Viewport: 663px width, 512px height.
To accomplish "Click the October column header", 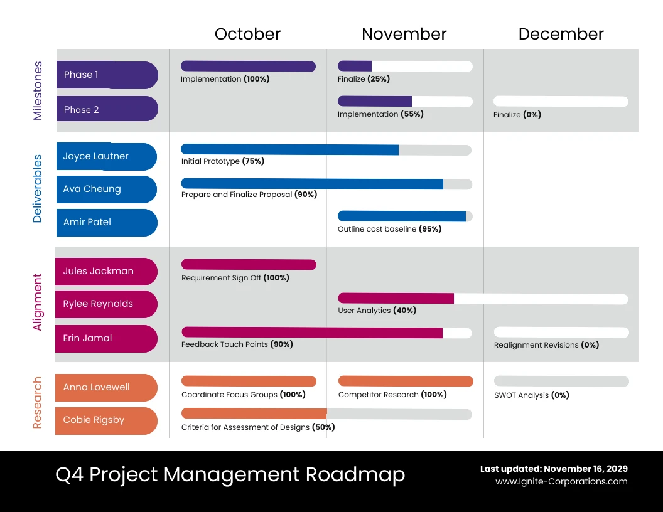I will (247, 34).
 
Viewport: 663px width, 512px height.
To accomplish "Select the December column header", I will (561, 34).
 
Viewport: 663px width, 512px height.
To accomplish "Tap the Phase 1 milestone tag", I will (106, 75).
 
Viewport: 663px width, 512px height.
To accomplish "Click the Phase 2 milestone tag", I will (106, 109).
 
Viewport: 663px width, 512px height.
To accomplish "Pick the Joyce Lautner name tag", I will (105, 156).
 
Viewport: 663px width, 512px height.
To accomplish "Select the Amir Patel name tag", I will (105, 222).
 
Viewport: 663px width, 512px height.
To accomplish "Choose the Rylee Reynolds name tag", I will (105, 304).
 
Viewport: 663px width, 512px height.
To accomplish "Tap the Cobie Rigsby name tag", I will (105, 420).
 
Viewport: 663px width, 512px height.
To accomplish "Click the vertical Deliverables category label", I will (38, 189).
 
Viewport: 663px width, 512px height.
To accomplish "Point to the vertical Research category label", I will (38, 403).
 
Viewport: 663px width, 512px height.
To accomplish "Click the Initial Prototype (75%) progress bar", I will (326, 150).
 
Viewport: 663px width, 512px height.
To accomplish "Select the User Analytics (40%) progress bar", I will (482, 299).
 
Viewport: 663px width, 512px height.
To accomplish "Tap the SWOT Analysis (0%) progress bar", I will (561, 381).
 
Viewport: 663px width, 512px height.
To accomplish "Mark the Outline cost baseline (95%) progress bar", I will (404, 216).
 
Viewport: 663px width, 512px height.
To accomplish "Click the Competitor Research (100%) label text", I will (392, 395).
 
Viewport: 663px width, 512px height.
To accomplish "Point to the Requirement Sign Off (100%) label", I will (235, 277).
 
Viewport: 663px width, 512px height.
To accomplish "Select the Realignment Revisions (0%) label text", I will (546, 345).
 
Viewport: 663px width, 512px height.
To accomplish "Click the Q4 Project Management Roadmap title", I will (230, 474).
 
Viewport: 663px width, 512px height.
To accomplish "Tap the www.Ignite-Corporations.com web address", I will (561, 482).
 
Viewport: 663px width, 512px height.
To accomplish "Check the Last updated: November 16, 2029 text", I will (554, 469).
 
